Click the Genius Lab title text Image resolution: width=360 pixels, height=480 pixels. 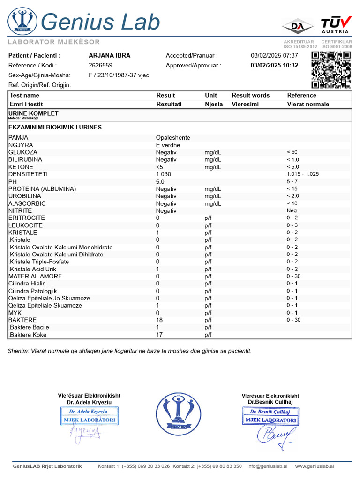(100, 22)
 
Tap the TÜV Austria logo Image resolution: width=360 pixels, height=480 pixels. (335, 24)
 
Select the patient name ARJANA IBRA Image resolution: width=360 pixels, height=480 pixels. (110, 55)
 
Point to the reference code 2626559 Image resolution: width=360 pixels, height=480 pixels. (100, 65)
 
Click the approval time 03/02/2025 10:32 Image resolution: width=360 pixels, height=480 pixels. (274, 65)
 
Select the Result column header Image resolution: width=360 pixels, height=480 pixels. (165, 95)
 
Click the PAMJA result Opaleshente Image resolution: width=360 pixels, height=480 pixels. (173, 138)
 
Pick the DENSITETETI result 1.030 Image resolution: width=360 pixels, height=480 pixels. (164, 174)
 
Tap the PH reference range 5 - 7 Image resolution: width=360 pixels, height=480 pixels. (292, 181)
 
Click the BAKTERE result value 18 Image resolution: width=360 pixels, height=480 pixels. (159, 320)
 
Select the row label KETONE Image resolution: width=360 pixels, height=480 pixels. (21, 167)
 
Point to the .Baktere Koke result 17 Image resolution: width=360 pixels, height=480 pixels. (159, 335)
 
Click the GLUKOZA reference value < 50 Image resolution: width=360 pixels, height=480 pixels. (292, 152)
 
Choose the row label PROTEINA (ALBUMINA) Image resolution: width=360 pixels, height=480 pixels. (42, 189)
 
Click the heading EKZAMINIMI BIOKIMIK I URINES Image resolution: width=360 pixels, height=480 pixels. (55, 127)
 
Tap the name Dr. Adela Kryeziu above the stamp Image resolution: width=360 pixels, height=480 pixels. (89, 402)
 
